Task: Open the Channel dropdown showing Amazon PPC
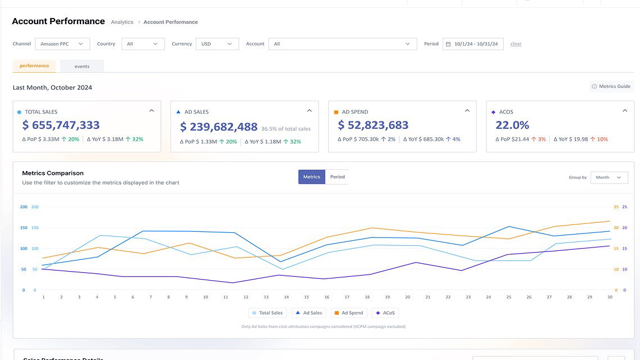pyautogui.click(x=62, y=44)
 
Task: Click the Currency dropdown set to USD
pyautogui.click(x=217, y=44)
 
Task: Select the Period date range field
pyautogui.click(x=473, y=44)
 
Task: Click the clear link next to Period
pyautogui.click(x=516, y=44)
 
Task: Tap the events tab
pyautogui.click(x=82, y=66)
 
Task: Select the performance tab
pyautogui.click(x=34, y=66)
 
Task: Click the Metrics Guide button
pyautogui.click(x=611, y=87)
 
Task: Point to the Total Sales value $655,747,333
pyautogui.click(x=61, y=125)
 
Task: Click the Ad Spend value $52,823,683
pyautogui.click(x=373, y=125)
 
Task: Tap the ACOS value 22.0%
pyautogui.click(x=512, y=125)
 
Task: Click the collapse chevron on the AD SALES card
pyautogui.click(x=309, y=111)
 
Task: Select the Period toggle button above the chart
pyautogui.click(x=337, y=177)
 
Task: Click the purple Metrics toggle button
pyautogui.click(x=312, y=177)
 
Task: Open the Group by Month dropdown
pyautogui.click(x=609, y=177)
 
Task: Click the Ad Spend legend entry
pyautogui.click(x=348, y=313)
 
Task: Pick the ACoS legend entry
pyautogui.click(x=385, y=313)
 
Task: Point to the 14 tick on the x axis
pyautogui.click(x=286, y=297)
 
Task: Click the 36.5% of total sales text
pyautogui.click(x=286, y=129)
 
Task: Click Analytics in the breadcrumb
pyautogui.click(x=122, y=22)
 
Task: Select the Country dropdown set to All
pyautogui.click(x=143, y=44)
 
